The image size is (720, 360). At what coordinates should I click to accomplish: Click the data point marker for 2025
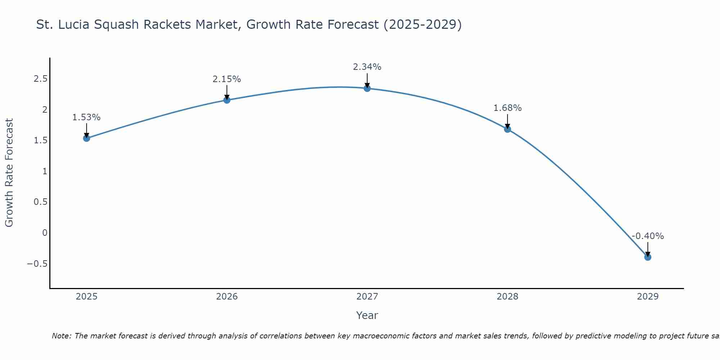point(86,138)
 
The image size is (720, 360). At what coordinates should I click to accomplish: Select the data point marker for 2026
point(227,100)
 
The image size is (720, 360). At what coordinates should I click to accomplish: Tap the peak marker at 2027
point(367,88)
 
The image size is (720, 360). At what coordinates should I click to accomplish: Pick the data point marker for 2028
point(507,129)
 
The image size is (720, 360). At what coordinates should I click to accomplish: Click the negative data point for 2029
point(648,257)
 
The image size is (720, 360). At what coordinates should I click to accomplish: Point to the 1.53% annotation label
point(86,117)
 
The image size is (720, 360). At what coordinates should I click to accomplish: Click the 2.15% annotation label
point(227,79)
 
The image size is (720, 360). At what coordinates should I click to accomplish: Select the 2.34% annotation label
point(367,67)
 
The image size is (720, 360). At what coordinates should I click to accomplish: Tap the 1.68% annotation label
point(507,108)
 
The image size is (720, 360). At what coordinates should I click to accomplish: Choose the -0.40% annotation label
point(648,236)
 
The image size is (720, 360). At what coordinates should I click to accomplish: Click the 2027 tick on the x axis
point(367,297)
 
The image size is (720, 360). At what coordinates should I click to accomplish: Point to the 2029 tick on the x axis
point(648,297)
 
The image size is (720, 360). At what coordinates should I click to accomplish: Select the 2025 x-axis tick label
point(86,297)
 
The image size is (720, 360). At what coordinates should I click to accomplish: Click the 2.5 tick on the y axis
point(40,79)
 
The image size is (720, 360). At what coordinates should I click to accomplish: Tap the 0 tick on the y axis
point(45,233)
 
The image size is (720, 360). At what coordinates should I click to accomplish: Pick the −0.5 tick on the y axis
point(37,264)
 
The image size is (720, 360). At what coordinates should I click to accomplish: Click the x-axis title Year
point(367,315)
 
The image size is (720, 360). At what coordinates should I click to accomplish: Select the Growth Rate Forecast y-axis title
point(9,173)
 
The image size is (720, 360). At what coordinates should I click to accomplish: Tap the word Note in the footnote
point(61,336)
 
